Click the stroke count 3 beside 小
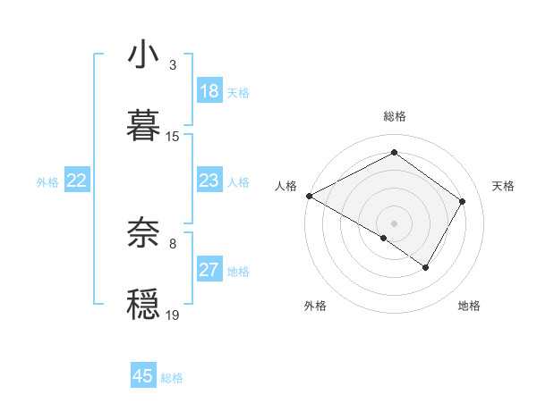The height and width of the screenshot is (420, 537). tap(173, 65)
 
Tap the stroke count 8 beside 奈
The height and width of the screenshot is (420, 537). tap(173, 243)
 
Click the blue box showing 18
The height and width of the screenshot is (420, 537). tap(209, 92)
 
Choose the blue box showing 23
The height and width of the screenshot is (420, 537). tap(209, 181)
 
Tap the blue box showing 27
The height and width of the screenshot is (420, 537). tap(209, 271)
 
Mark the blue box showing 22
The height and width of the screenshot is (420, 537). tap(77, 181)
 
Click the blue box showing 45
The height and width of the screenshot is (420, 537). tap(143, 376)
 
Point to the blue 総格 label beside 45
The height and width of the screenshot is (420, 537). tap(172, 378)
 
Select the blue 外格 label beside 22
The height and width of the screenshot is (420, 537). tap(47, 182)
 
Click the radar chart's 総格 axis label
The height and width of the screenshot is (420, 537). tap(394, 116)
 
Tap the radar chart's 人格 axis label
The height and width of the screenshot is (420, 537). tap(286, 186)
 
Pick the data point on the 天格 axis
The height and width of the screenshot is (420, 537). tap(463, 201)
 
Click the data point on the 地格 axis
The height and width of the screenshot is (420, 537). tap(426, 267)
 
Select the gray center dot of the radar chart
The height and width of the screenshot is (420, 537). tap(394, 223)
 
